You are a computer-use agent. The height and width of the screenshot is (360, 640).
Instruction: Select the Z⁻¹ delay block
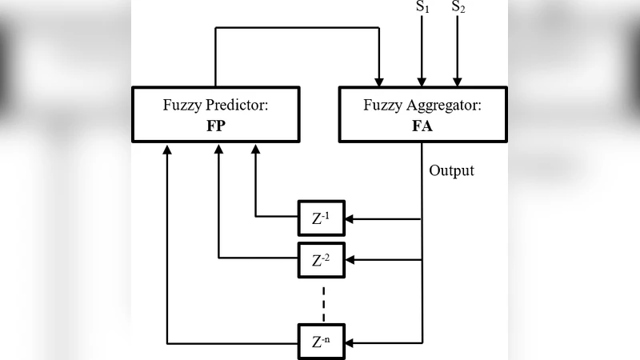click(x=322, y=218)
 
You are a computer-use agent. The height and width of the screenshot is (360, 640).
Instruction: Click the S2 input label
click(x=458, y=7)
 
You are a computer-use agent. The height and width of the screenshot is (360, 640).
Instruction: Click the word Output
click(x=451, y=170)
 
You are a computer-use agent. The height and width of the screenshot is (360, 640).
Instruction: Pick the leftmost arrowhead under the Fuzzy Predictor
click(x=167, y=149)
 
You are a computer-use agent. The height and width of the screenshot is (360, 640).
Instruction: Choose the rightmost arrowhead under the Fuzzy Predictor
click(x=255, y=149)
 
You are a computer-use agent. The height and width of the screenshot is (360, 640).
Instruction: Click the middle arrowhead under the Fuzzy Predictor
click(x=218, y=149)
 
